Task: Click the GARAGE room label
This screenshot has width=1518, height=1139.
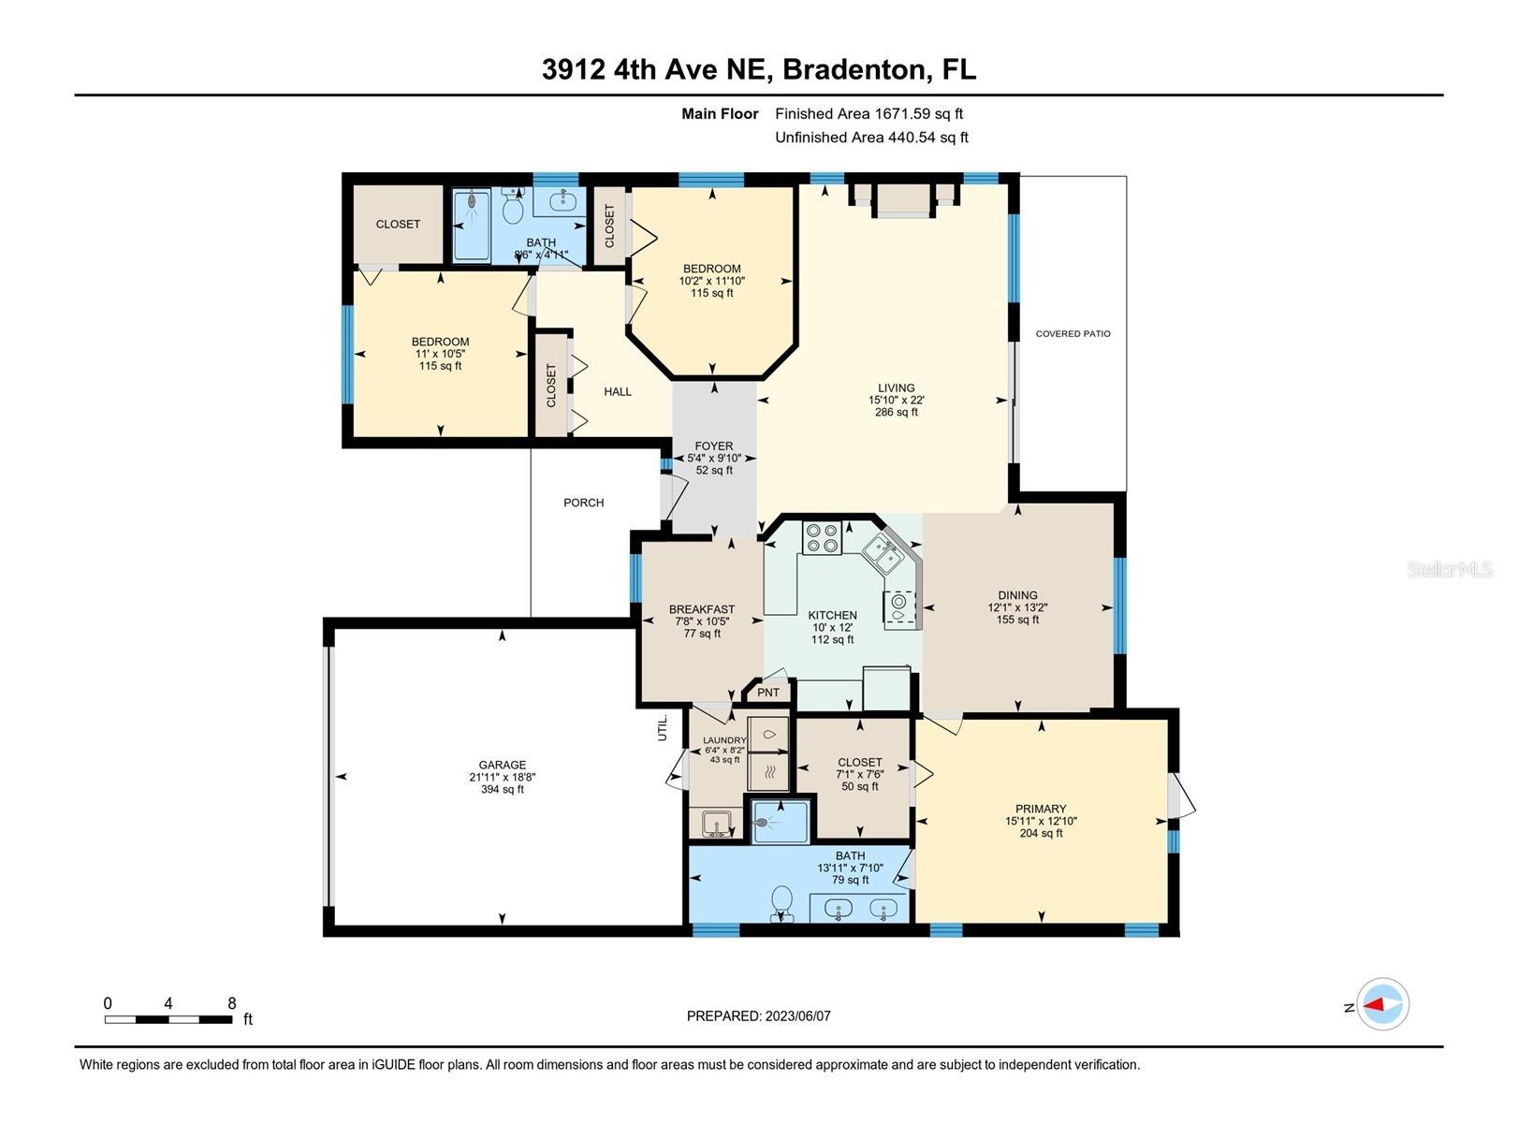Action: tap(502, 765)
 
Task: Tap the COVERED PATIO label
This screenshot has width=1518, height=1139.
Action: tap(1073, 334)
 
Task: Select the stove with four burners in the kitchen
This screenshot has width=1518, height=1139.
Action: tap(822, 538)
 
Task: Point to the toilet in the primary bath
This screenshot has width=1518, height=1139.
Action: tap(781, 903)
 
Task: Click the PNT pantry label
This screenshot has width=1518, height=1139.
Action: tap(767, 694)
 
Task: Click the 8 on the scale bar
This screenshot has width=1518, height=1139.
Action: tap(231, 1003)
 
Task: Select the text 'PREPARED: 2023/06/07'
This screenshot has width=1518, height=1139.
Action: tap(758, 1016)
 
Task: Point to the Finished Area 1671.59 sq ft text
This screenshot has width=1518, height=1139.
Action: tap(868, 114)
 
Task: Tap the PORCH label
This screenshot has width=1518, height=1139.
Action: tap(583, 504)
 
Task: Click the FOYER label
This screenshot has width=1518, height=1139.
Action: tap(713, 446)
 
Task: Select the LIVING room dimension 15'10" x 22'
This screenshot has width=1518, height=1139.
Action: tap(896, 400)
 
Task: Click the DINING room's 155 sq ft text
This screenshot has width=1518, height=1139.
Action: tap(1017, 620)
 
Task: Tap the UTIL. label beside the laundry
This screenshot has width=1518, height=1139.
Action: tap(663, 728)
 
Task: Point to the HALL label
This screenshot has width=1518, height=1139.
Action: tap(617, 392)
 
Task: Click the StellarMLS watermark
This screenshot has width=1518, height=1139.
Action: tap(1450, 569)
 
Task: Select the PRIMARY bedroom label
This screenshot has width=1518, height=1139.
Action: tap(1040, 809)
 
